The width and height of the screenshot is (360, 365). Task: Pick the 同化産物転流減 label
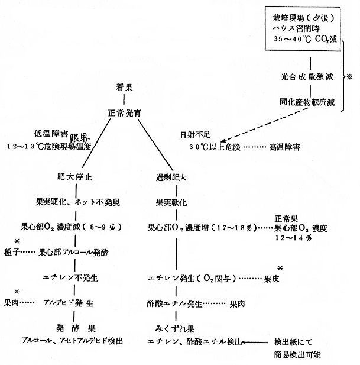(x=307, y=102)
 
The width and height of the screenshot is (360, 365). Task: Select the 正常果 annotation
(x=288, y=218)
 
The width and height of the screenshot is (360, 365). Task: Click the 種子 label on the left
(x=12, y=253)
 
